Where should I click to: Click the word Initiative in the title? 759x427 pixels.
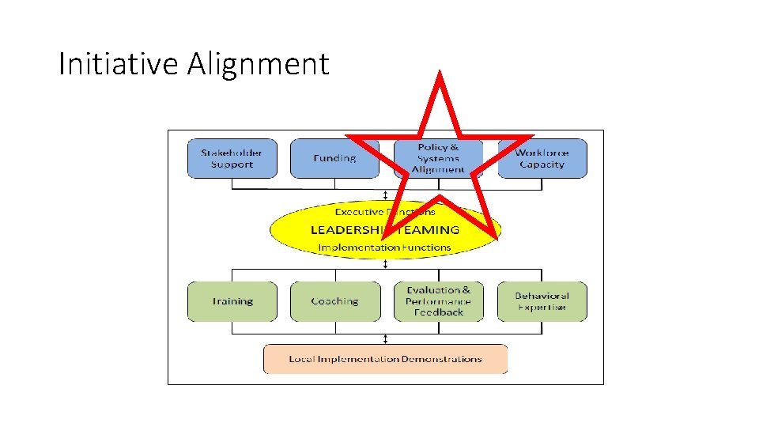coord(119,64)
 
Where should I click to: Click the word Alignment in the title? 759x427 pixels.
coord(258,64)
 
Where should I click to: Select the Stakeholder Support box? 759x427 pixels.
coord(232,158)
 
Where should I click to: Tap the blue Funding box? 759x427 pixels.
coord(334,158)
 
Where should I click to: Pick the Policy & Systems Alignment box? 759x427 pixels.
coord(438,158)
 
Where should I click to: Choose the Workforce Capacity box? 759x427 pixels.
coord(542,158)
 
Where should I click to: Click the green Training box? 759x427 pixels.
coord(232,301)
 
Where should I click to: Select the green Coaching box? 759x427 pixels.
coord(334,301)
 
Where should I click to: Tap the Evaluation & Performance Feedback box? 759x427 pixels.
coord(438,301)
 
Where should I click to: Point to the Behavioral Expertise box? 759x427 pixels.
coord(542,301)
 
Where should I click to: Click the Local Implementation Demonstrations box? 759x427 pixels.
coord(385,359)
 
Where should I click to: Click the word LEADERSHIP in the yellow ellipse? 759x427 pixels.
coord(346,230)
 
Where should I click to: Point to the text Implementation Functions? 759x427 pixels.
coord(384,248)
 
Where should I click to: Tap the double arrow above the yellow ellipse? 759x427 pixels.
coord(385,195)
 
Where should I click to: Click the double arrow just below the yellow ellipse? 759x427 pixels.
coord(385,264)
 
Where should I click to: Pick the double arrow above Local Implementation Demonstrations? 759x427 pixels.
coord(385,338)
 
